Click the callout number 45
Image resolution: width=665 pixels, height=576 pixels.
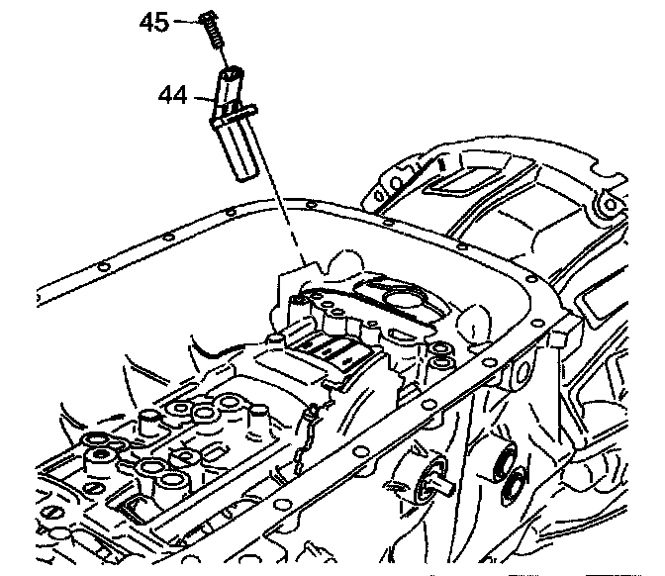tap(154, 22)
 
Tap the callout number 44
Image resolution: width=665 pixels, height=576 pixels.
tap(174, 96)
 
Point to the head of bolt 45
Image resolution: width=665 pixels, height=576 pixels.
tap(206, 16)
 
